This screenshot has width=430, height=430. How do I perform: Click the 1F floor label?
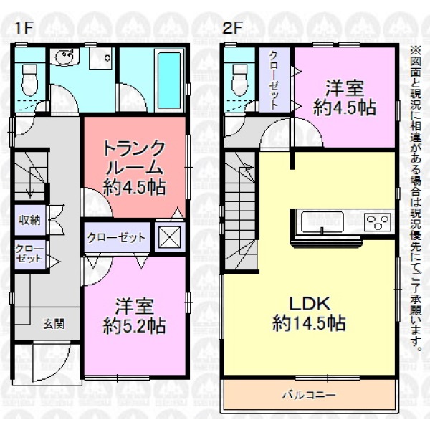tap(24, 29)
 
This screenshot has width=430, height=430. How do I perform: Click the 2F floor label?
tap(232, 29)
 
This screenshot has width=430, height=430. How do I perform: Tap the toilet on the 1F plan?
tap(29, 80)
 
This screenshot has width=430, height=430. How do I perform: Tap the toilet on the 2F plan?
tap(239, 80)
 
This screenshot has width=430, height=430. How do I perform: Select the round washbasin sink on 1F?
tap(64, 57)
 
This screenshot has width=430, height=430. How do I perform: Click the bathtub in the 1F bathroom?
tap(169, 80)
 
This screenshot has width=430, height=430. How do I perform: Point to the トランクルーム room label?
tap(135, 158)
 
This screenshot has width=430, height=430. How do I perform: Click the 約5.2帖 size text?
tap(135, 326)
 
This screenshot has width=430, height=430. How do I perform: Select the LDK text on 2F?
tap(310, 304)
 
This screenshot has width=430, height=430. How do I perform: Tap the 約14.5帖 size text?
tap(309, 323)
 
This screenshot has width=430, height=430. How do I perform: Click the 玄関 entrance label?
tap(54, 324)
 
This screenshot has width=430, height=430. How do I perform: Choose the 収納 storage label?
tap(29, 220)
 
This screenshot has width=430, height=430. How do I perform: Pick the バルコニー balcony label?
tap(310, 395)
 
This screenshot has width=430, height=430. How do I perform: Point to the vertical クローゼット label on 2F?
tap(274, 80)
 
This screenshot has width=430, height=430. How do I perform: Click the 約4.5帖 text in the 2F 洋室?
tap(345, 107)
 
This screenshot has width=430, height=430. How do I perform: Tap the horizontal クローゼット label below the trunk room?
tap(116, 237)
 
